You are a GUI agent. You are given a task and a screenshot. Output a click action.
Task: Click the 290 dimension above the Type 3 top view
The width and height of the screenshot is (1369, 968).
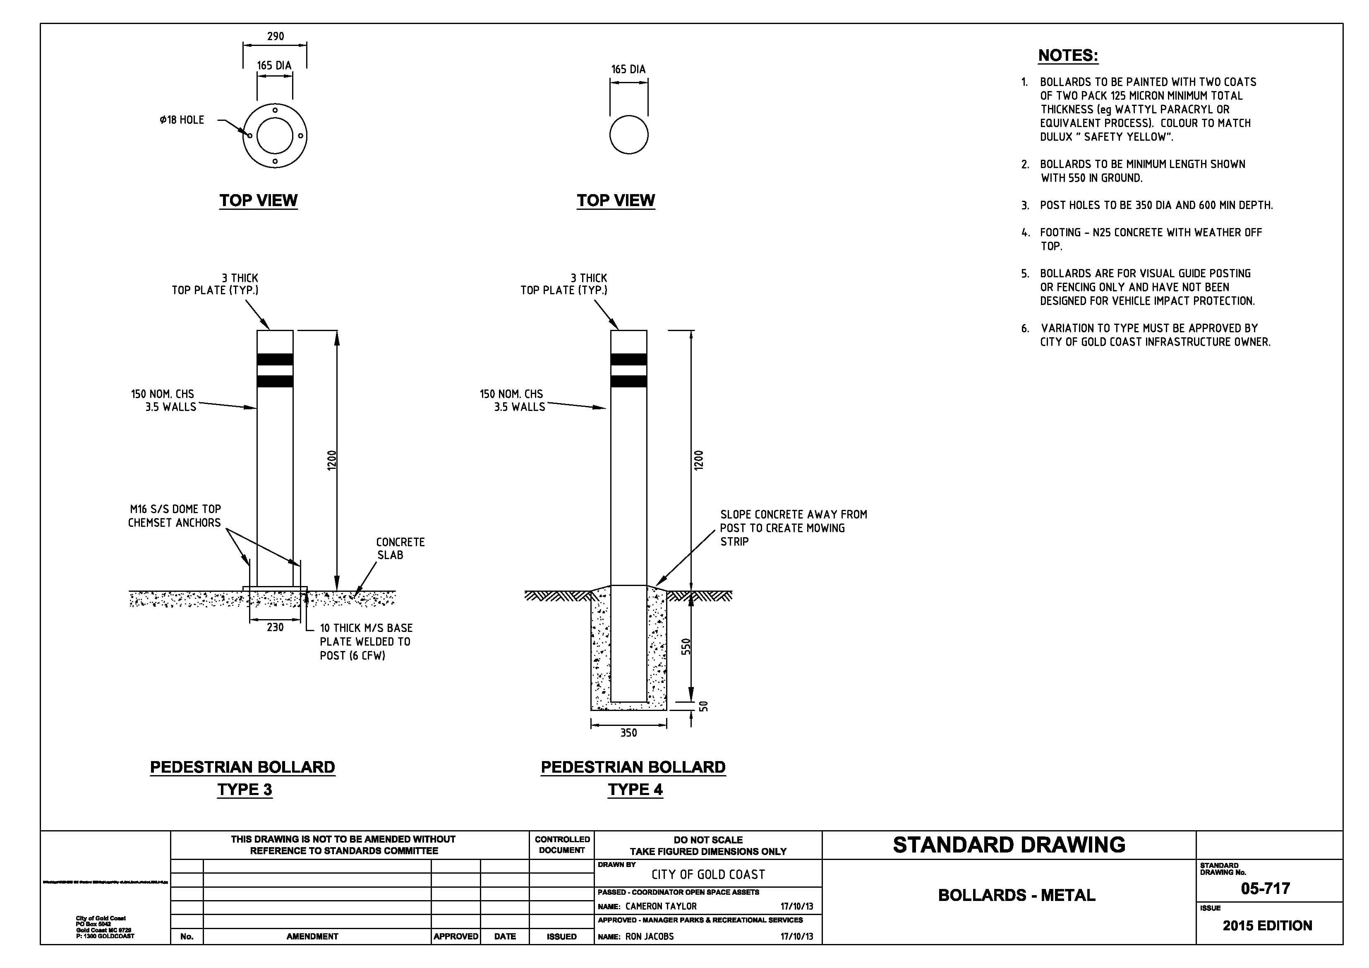pos(275,36)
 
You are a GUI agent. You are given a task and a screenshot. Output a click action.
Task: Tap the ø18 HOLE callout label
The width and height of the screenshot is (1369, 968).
pos(182,120)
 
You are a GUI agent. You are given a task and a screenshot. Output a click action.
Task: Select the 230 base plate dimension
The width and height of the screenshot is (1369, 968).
pos(275,627)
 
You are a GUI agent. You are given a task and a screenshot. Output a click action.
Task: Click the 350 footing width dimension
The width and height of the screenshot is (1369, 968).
pos(628,733)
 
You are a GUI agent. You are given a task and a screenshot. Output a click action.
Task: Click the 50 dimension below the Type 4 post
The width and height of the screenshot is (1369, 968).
pos(704,706)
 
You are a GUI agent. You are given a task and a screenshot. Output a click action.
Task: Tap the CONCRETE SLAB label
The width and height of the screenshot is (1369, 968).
pos(400,548)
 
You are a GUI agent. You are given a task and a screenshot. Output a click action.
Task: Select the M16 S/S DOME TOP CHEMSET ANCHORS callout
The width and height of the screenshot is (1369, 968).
pos(174,516)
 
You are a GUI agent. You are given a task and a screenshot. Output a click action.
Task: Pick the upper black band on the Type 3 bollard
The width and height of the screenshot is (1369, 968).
pos(275,359)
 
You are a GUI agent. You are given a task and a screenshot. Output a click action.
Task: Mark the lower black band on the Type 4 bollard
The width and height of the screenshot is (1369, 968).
pos(628,381)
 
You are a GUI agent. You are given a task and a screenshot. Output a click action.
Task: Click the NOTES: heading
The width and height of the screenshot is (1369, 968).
pos(1067,55)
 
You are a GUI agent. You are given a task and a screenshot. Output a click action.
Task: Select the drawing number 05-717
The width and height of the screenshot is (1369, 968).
pos(1265,889)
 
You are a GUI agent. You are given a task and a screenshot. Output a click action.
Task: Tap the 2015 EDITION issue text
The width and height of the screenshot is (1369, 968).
pos(1267,926)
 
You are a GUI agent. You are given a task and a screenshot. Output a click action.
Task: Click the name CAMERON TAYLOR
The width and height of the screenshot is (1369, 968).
pos(661,906)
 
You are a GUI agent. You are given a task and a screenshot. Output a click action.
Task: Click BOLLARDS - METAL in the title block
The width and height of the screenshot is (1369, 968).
pos(1017,895)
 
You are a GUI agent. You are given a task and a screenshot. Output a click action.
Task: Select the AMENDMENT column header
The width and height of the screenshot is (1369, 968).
pos(312,937)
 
